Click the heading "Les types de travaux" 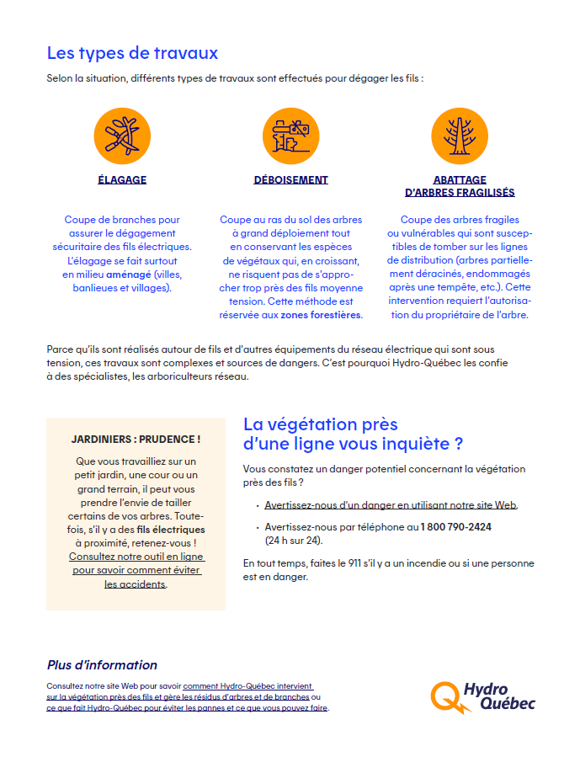(132, 53)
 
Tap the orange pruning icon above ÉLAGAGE (122, 136)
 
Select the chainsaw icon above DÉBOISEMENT (290, 136)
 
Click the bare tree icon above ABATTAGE (460, 136)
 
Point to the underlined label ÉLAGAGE (122, 179)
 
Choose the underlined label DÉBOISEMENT (290, 179)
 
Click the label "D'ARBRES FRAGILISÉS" (460, 193)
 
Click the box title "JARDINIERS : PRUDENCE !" (136, 440)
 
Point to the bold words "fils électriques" (171, 530)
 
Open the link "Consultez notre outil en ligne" (136, 557)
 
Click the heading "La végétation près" (320, 424)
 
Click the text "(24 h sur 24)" (294, 540)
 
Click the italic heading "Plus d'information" (102, 665)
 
